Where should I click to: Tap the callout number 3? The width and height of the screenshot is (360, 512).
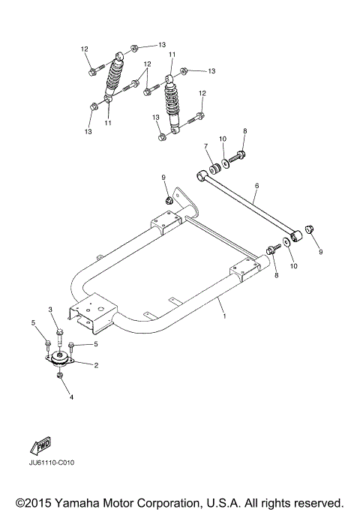click(x=51, y=310)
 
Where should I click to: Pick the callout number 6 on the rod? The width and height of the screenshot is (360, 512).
click(x=256, y=185)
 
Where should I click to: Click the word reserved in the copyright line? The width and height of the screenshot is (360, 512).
click(x=317, y=502)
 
